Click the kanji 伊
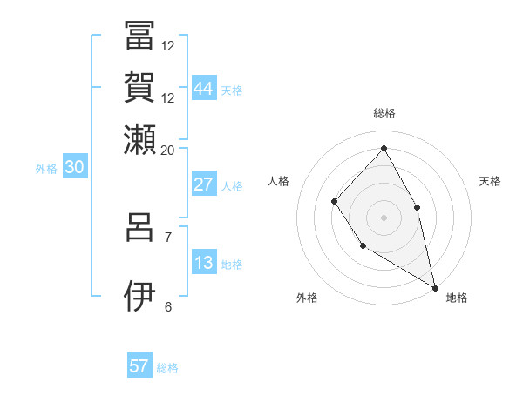(139, 296)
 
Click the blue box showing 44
(204, 88)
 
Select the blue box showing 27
(204, 184)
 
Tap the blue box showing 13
(204, 263)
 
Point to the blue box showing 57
(139, 366)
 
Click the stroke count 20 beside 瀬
(167, 150)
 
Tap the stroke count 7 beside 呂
(168, 237)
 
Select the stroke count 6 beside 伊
(168, 306)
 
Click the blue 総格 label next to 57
(167, 368)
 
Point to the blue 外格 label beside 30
(46, 169)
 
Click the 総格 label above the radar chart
(384, 113)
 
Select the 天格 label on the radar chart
(490, 181)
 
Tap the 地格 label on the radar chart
(457, 298)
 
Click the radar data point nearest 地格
(435, 286)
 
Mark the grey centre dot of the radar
(384, 216)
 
